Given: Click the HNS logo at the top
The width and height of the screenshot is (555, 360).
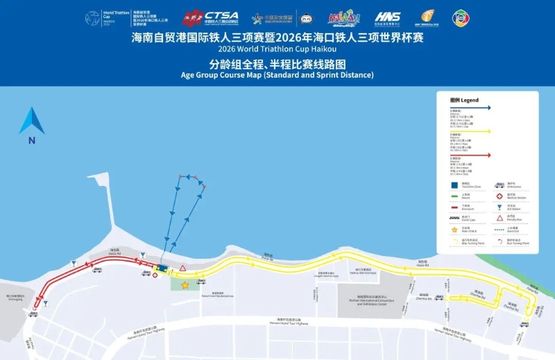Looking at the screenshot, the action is [387, 17].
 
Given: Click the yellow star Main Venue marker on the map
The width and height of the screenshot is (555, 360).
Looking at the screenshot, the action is [185, 285].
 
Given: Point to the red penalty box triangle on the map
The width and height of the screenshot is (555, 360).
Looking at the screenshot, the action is [182, 268].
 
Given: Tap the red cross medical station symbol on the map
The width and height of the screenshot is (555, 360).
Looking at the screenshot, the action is [155, 275].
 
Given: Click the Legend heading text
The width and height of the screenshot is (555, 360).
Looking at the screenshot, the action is [464, 100].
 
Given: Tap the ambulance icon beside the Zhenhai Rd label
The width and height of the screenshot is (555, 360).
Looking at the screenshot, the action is [439, 298].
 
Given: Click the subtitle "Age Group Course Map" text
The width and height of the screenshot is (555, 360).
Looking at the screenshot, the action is [277, 75].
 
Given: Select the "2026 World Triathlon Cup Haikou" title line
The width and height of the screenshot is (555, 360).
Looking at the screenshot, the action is [277, 50].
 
